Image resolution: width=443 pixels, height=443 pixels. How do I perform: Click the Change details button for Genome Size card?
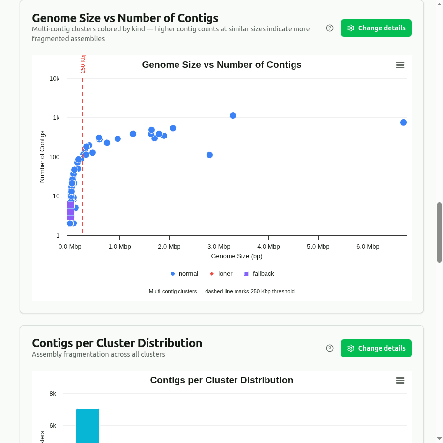pyautogui.click(x=376, y=28)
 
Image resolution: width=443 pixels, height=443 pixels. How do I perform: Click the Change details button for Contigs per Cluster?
pyautogui.click(x=376, y=348)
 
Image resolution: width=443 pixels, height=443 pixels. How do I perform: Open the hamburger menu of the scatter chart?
pyautogui.click(x=400, y=65)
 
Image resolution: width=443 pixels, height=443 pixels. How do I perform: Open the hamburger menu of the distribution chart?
pyautogui.click(x=400, y=381)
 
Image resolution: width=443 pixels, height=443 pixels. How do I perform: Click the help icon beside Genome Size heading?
pyautogui.click(x=330, y=28)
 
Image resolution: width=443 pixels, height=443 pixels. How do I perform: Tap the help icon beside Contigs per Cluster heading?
pyautogui.click(x=330, y=348)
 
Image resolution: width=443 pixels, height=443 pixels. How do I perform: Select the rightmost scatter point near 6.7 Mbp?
pyautogui.click(x=403, y=122)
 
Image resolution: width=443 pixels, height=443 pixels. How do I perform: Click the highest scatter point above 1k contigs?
pyautogui.click(x=233, y=115)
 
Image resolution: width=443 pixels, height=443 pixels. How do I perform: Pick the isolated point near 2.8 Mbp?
pyautogui.click(x=209, y=155)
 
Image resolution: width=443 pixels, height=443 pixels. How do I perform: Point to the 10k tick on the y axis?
pyautogui.click(x=54, y=79)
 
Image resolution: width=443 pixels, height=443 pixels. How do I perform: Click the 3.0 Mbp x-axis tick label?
pyautogui.click(x=219, y=247)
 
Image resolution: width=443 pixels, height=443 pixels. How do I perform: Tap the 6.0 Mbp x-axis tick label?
pyautogui.click(x=368, y=247)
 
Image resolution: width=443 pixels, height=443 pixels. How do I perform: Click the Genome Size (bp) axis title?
pyautogui.click(x=236, y=256)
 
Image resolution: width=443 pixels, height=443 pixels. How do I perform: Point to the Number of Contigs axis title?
pyautogui.click(x=42, y=157)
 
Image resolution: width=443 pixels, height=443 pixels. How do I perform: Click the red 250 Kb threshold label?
pyautogui.click(x=83, y=64)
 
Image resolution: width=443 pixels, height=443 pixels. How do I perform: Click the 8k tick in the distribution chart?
pyautogui.click(x=53, y=394)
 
